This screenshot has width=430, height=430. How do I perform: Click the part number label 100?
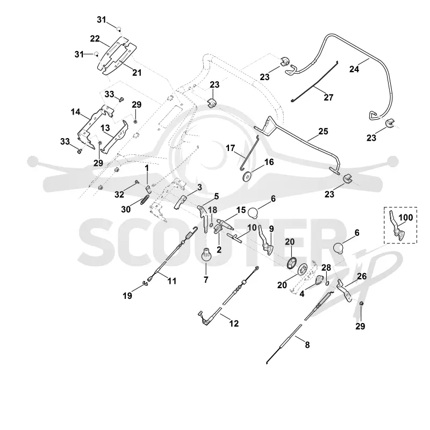click(x=406, y=218)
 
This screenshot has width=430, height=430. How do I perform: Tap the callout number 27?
click(x=328, y=97)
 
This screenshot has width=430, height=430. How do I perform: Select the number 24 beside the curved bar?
click(x=354, y=69)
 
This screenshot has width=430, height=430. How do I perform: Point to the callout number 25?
click(x=324, y=131)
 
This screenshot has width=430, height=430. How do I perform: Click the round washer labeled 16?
click(x=248, y=176)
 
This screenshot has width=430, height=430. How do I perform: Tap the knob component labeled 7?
click(x=206, y=254)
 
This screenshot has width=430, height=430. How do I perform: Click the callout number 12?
click(x=234, y=324)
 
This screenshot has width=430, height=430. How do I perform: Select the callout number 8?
click(x=307, y=345)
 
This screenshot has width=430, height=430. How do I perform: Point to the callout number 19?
click(x=127, y=296)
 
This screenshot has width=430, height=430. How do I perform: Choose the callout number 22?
click(x=95, y=39)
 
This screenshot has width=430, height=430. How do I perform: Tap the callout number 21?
click(x=137, y=73)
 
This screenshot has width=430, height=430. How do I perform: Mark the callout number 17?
click(x=231, y=148)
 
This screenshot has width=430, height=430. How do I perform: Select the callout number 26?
click(x=362, y=276)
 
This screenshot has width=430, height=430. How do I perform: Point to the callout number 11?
click(x=171, y=281)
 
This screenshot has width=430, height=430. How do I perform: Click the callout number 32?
click(x=119, y=195)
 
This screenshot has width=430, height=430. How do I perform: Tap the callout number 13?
click(x=105, y=128)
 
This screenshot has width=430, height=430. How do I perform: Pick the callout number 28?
click(x=326, y=268)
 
